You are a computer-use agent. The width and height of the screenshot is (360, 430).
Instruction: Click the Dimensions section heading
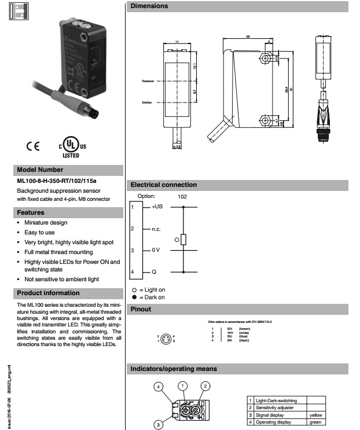tap(149, 6)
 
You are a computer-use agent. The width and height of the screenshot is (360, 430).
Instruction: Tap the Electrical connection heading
tap(164, 185)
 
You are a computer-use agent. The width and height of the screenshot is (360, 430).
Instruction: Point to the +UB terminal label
tap(157, 207)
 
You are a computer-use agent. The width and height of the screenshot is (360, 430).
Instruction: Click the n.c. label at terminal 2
tap(156, 229)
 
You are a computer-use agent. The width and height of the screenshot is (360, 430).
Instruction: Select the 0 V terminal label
tap(156, 251)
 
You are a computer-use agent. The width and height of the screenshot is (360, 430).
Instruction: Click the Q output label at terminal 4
tap(154, 272)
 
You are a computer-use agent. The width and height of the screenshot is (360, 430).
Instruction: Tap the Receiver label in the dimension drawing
tap(148, 81)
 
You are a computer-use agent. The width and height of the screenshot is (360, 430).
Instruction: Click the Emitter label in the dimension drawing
tap(147, 102)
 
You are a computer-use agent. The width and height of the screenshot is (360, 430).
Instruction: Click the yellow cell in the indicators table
tap(315, 415)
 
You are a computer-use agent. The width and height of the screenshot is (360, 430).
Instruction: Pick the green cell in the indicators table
tap(315, 422)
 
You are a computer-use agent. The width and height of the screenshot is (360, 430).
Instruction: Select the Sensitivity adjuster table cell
tap(274, 407)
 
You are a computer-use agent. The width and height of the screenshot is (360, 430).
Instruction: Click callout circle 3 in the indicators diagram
tap(157, 425)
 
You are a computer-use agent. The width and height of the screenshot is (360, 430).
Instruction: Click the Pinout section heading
tap(141, 309)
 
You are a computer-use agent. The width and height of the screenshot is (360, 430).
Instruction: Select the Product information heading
tap(48, 293)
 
